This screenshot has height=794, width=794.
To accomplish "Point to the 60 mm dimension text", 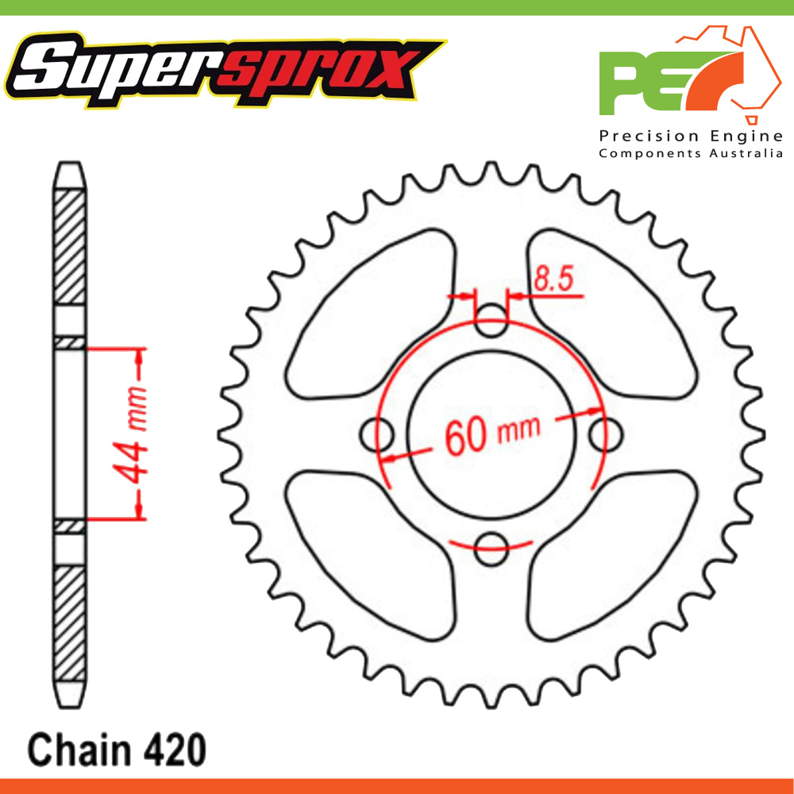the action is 492,434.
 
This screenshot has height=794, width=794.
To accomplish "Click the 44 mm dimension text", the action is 130,435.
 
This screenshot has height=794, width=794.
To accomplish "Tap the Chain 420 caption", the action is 117,750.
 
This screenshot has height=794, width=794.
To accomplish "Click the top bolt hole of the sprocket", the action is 491,321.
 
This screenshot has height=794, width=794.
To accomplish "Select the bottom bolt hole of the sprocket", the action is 491,549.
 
